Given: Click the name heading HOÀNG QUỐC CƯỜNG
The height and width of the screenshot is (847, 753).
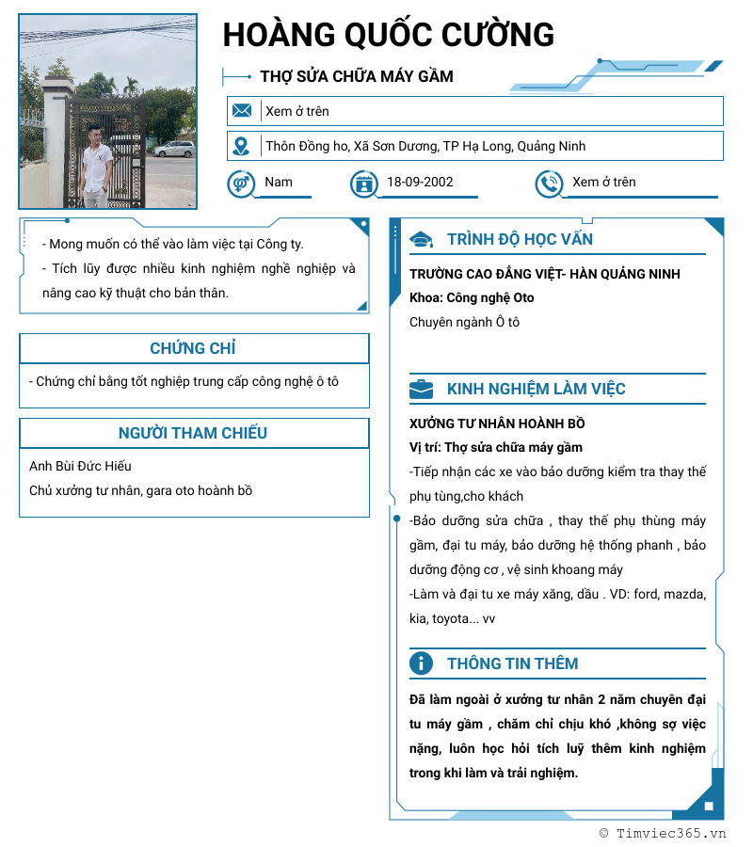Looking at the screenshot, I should (388, 35).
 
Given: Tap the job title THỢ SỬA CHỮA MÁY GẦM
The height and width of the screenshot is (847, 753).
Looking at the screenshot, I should (357, 76).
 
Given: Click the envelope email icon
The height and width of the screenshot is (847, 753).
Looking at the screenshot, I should (242, 111).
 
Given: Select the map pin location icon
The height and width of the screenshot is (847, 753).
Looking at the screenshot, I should (242, 146).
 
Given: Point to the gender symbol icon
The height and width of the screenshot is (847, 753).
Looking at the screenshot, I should (241, 183).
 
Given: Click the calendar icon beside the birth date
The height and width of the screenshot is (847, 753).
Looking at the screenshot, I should (363, 184).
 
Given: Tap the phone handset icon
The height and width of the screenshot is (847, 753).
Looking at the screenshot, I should (549, 184).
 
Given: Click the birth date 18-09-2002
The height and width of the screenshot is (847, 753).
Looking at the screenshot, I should (420, 183).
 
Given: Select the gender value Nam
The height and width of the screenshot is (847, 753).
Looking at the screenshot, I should (279, 183).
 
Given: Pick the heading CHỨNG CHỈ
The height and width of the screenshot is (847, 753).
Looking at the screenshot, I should (193, 348).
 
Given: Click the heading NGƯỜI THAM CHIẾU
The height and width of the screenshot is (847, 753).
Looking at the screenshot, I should (193, 433).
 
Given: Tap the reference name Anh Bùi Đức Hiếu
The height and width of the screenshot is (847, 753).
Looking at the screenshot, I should (81, 466).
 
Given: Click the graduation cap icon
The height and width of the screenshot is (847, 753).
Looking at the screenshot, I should (421, 240).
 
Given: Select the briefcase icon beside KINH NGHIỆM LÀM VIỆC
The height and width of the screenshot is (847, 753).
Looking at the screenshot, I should (421, 389).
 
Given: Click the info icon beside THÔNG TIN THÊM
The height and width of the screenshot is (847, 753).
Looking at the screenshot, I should (421, 663).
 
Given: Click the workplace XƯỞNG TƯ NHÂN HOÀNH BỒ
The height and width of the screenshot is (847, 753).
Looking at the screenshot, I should (497, 423).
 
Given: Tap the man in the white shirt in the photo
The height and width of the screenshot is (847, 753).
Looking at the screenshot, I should (96, 162).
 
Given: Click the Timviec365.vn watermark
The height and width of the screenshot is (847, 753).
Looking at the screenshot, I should (664, 833).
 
